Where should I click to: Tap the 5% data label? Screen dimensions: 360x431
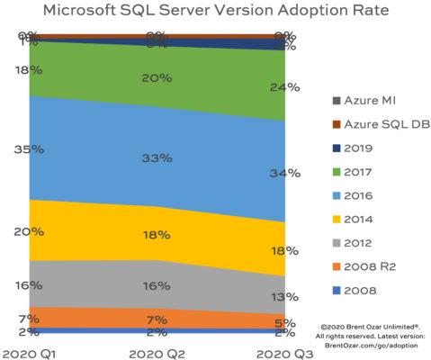[x=284, y=324]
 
